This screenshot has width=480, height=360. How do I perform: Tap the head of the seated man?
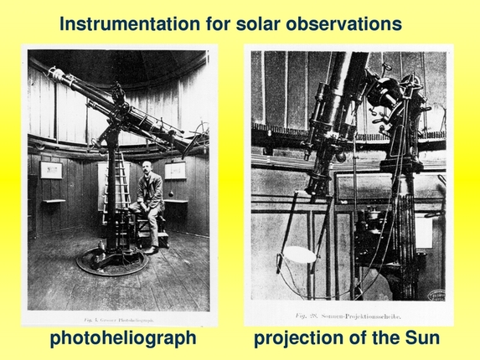coord(147,169)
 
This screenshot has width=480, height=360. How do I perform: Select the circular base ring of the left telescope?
coord(113,261)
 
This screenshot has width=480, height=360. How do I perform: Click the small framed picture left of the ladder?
coord(50,170)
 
